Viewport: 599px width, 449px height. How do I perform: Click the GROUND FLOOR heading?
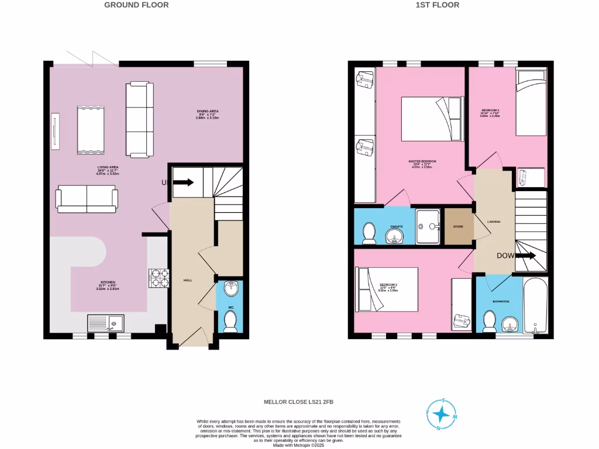(x=136, y=5)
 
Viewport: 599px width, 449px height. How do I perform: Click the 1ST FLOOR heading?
(x=438, y=5)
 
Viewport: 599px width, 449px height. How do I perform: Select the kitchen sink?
(x=105, y=323)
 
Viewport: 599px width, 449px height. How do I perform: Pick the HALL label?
(x=188, y=280)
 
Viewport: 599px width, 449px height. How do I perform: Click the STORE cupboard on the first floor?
(x=459, y=226)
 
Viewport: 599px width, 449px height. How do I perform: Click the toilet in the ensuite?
(x=369, y=233)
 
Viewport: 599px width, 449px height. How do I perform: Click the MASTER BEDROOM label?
(x=422, y=161)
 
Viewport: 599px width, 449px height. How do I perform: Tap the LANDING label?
(x=493, y=221)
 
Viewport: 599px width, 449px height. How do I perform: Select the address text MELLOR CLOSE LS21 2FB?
(x=299, y=402)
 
